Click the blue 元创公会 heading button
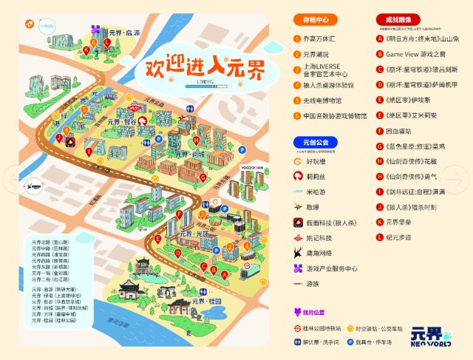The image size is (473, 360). (x=316, y=141)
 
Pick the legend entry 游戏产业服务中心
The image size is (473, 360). (x=331, y=268)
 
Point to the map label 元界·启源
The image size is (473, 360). (x=123, y=33)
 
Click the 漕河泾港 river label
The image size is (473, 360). (x=110, y=322)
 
